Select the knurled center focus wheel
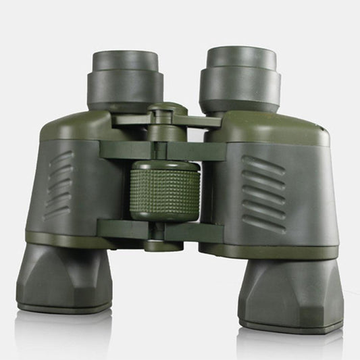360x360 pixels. pos(165,192)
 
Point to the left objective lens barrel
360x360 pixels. pos(63,276)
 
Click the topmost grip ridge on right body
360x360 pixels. pos(264,162)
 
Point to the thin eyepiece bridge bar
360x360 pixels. pos(196,122)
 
